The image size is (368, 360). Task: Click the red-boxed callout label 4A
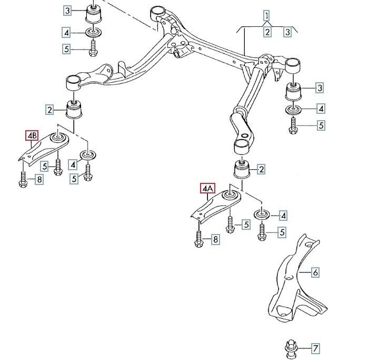(207, 188)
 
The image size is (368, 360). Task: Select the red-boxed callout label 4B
(32, 135)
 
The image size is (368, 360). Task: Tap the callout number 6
(315, 273)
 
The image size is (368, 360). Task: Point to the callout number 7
(315, 348)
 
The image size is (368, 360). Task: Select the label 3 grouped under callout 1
(287, 32)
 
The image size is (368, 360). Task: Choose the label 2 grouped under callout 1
(267, 32)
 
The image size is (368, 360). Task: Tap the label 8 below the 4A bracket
(215, 240)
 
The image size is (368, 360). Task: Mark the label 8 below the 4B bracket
(39, 180)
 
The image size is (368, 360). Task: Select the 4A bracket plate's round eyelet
(230, 195)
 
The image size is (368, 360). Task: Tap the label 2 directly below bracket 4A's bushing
(261, 169)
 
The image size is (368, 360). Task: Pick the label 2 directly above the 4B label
(49, 110)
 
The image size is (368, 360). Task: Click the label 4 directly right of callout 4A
(283, 215)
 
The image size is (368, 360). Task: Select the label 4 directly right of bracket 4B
(73, 165)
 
